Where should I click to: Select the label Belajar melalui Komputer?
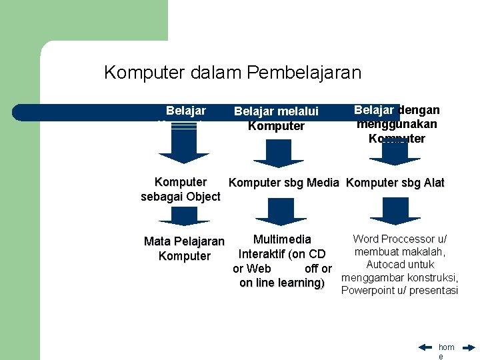click(x=276, y=119)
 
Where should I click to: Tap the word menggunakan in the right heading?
click(x=397, y=124)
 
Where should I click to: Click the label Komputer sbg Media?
click(x=285, y=183)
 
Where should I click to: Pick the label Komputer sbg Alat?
click(x=396, y=183)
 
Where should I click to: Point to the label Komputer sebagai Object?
click(x=181, y=189)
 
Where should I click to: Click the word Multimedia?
click(x=282, y=239)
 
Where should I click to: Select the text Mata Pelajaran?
click(x=185, y=241)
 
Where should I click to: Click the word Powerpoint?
click(x=367, y=290)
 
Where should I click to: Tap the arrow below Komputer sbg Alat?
click(x=395, y=212)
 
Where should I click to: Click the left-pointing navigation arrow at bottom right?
click(x=426, y=347)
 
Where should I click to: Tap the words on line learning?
click(x=281, y=283)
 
